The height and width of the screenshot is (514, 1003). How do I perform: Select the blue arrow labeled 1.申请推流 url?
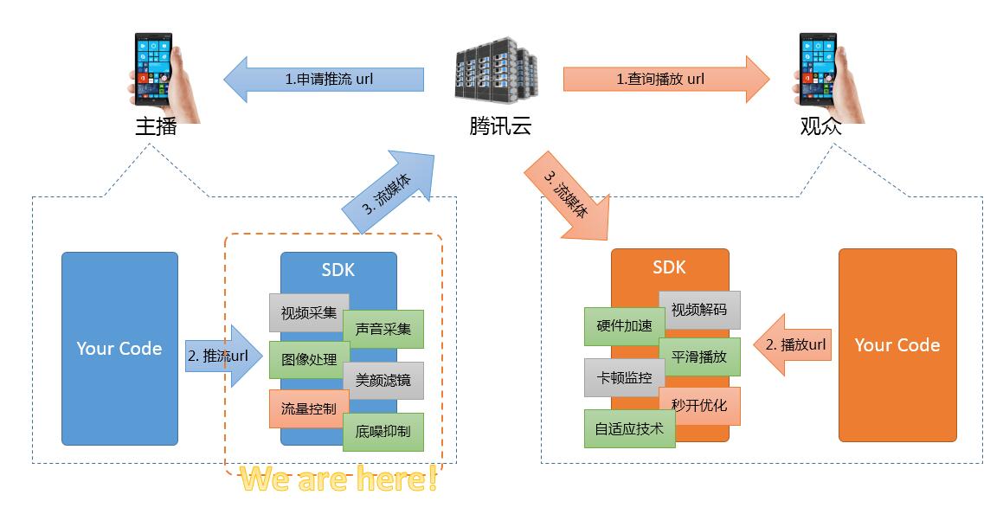[x=325, y=80]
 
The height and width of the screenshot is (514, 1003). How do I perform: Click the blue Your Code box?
[x=119, y=348]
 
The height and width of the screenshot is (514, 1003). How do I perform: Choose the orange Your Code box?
[x=897, y=345]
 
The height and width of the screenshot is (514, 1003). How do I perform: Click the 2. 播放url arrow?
[x=793, y=345]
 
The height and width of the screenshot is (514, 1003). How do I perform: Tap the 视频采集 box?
[x=308, y=313]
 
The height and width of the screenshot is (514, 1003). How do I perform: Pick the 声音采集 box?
[x=383, y=329]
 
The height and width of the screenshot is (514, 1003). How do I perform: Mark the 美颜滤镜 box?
[x=383, y=380]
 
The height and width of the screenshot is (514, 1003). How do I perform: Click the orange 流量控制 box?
[x=308, y=408]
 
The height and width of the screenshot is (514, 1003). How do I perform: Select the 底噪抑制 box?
[x=383, y=431]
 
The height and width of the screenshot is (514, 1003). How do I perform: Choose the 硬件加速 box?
[x=624, y=326]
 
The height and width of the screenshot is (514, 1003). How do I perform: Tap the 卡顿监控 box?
[x=624, y=377]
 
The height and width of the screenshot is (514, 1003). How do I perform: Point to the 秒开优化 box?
[x=699, y=405]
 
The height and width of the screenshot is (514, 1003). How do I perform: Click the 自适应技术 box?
[x=629, y=428]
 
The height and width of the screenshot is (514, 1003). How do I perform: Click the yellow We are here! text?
[x=338, y=479]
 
